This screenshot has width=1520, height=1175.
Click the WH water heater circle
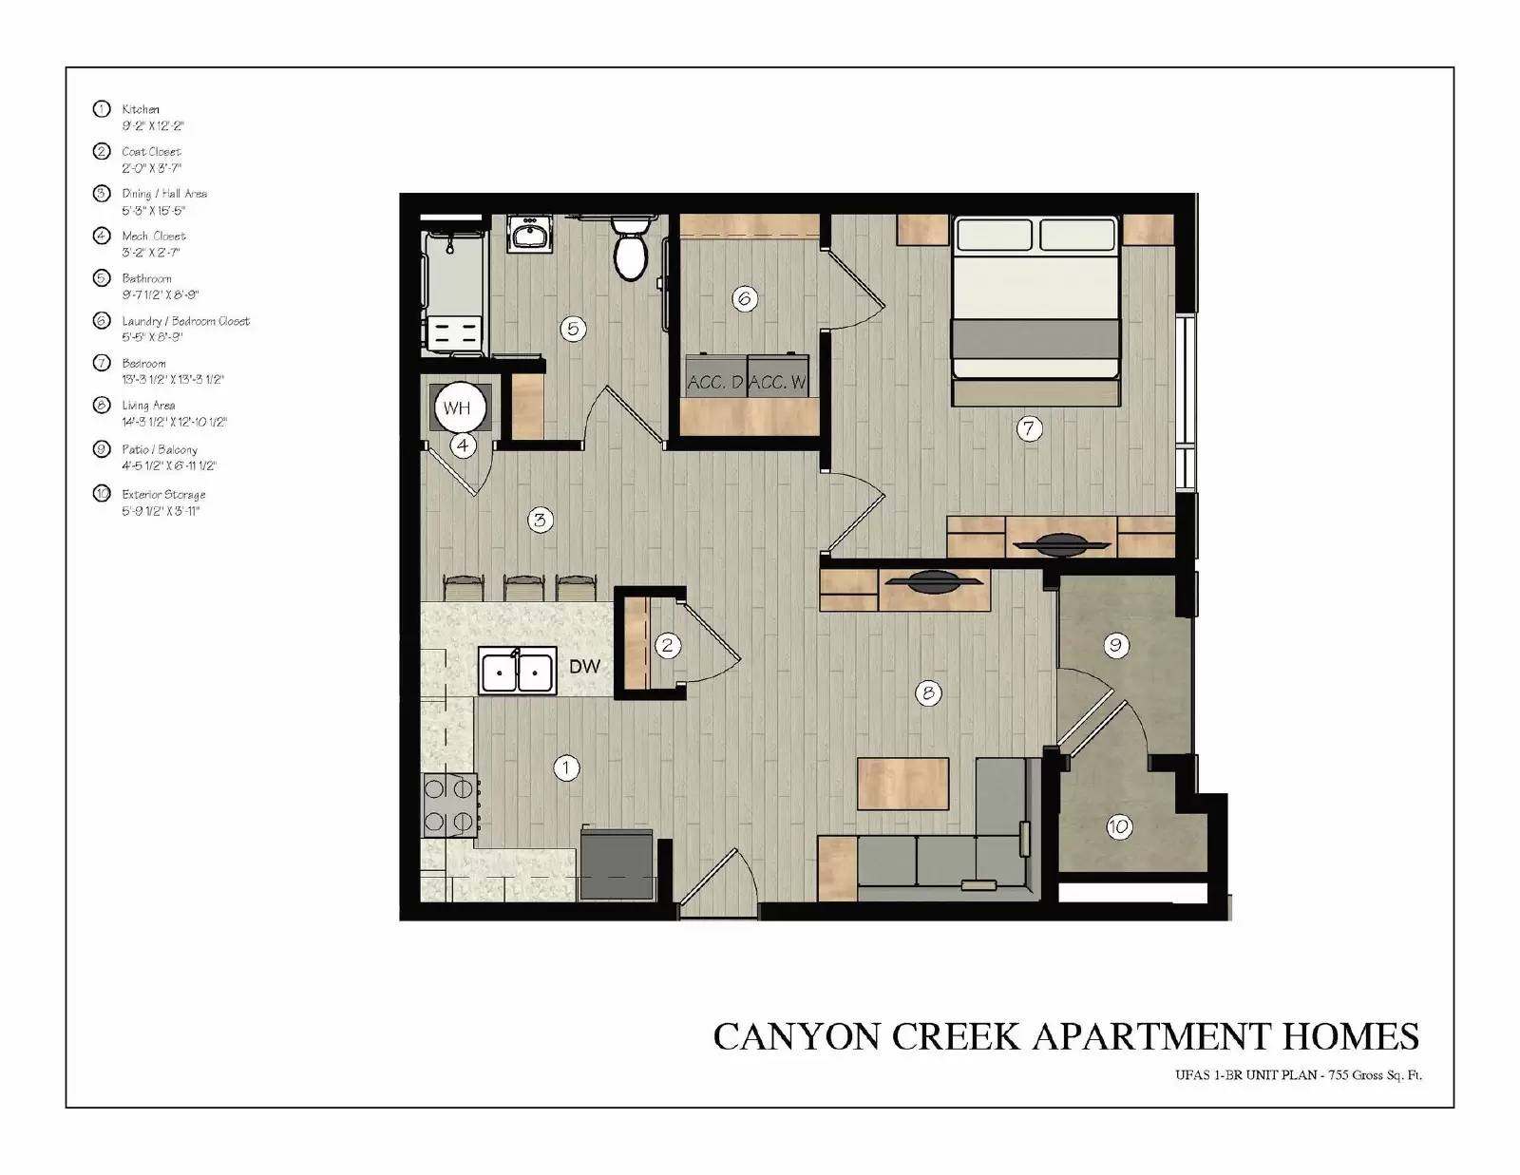[457, 408]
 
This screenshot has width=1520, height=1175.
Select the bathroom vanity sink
[530, 234]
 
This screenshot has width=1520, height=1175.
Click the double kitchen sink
[517, 673]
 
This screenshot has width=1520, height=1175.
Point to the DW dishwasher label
[584, 667]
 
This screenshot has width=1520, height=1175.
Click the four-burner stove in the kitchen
[449, 805]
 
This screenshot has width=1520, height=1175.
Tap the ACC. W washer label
[778, 383]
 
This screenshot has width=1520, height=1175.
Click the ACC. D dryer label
[715, 383]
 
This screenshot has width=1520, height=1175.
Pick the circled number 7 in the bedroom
[1029, 428]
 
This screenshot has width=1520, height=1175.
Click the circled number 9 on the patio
[1115, 646]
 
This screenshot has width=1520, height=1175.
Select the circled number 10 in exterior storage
[1118, 826]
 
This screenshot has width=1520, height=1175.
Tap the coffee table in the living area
[903, 784]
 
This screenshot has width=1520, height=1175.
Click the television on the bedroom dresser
[1061, 544]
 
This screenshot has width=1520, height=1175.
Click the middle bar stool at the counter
[523, 586]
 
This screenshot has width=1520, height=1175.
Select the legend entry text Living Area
[148, 406]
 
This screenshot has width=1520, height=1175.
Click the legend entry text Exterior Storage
[163, 495]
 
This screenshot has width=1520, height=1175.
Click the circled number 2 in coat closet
[668, 646]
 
